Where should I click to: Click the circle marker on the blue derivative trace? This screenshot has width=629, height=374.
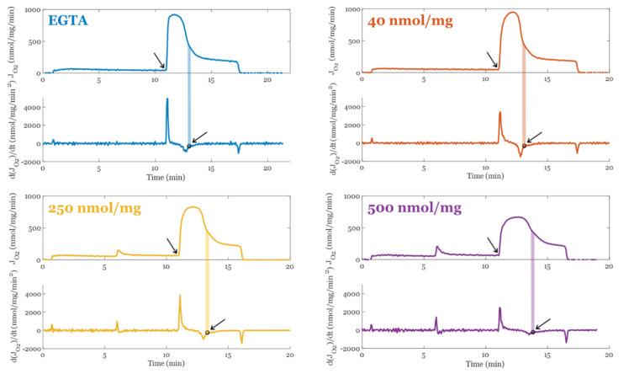tap(189, 146)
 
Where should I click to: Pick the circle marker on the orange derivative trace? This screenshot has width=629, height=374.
tap(524, 146)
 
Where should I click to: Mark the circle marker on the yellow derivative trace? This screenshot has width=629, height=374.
tap(208, 333)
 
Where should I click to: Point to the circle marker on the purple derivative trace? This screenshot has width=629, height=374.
tap(532, 333)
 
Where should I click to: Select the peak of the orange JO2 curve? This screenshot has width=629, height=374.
tap(511, 13)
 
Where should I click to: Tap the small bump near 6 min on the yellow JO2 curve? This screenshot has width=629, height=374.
tap(119, 250)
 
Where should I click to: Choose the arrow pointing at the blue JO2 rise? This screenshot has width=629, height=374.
tap(159, 59)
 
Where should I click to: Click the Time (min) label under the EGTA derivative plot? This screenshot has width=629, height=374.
tap(161, 178)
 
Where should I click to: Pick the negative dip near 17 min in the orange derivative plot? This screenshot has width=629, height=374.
tap(578, 152)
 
